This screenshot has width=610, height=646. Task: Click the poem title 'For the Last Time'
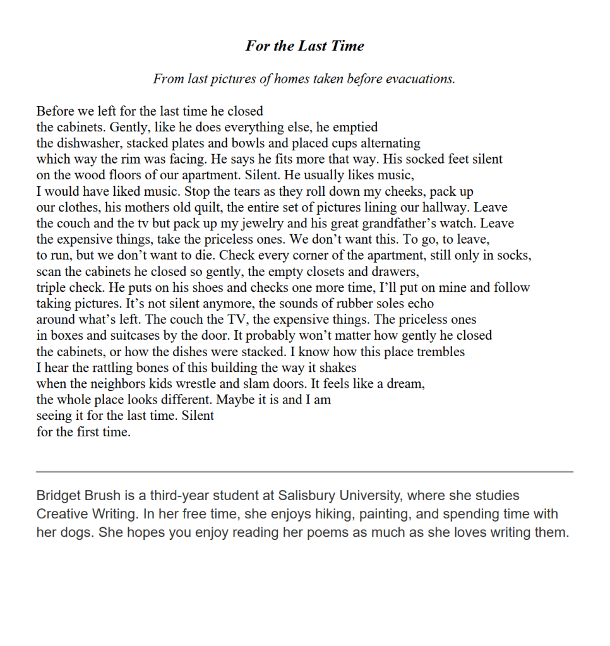click(304, 46)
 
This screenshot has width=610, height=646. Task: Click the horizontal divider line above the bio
click(304, 472)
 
